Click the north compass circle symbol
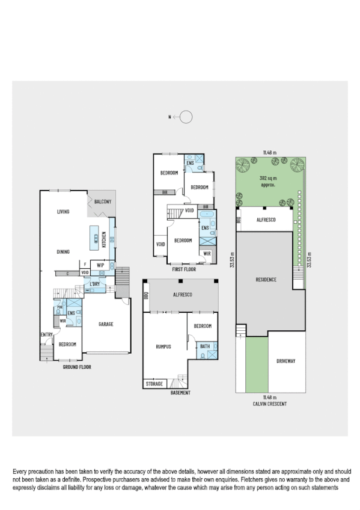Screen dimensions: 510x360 186,117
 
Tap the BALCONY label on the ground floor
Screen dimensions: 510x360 99,202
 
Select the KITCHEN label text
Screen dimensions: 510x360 104,241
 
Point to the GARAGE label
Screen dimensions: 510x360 106,324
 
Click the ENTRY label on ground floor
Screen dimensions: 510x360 47,335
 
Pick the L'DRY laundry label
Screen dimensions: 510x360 95,283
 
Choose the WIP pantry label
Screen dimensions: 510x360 101,264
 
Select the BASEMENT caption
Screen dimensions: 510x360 180,393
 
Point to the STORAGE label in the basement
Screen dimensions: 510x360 154,384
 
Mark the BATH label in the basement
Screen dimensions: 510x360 204,346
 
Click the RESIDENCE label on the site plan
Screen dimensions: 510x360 266,280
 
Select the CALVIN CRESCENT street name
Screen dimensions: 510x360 270,404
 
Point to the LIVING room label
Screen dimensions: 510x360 63,212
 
